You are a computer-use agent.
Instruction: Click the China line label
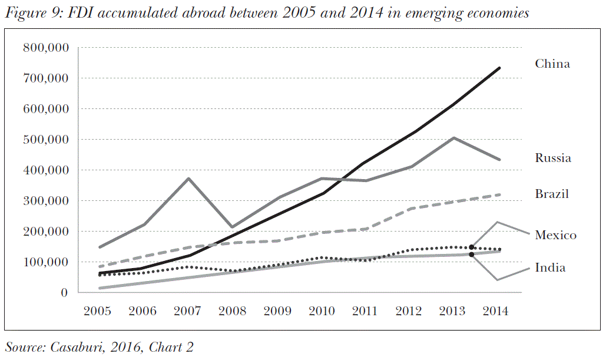pos(552,64)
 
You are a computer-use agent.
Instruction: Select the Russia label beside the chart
pos(552,158)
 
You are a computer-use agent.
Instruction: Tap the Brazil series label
pos(552,194)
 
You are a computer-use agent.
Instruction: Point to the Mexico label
pos(555,236)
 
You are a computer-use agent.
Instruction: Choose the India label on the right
pos(550,268)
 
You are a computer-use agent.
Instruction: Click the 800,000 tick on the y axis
pos(45,48)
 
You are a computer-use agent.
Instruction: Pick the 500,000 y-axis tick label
pos(45,140)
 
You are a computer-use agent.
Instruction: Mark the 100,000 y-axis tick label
pos(45,262)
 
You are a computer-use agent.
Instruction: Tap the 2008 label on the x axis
pos(231,311)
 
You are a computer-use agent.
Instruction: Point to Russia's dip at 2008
pos(232,227)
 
